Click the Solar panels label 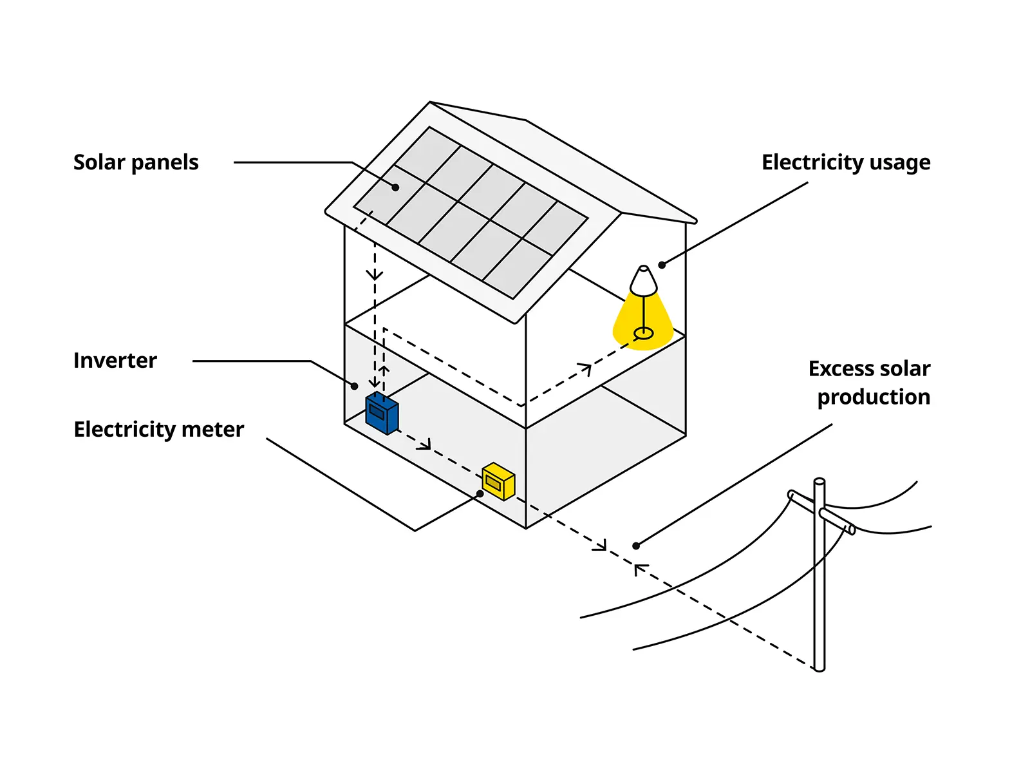click(x=136, y=162)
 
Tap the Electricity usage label click(x=845, y=162)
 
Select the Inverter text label click(x=115, y=360)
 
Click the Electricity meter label click(x=159, y=429)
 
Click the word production click(x=874, y=397)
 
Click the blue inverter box click(x=382, y=414)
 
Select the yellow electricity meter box click(x=498, y=481)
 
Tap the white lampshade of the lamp click(x=643, y=281)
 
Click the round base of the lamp click(x=643, y=334)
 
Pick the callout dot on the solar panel click(x=396, y=187)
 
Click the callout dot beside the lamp click(x=662, y=265)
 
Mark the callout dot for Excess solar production click(x=636, y=546)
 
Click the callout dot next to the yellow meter click(x=480, y=494)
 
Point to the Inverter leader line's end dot click(x=355, y=386)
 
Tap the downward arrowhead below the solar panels click(x=375, y=275)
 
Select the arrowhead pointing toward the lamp click(x=585, y=368)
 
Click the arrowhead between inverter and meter click(x=424, y=444)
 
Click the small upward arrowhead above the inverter click(x=384, y=370)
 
